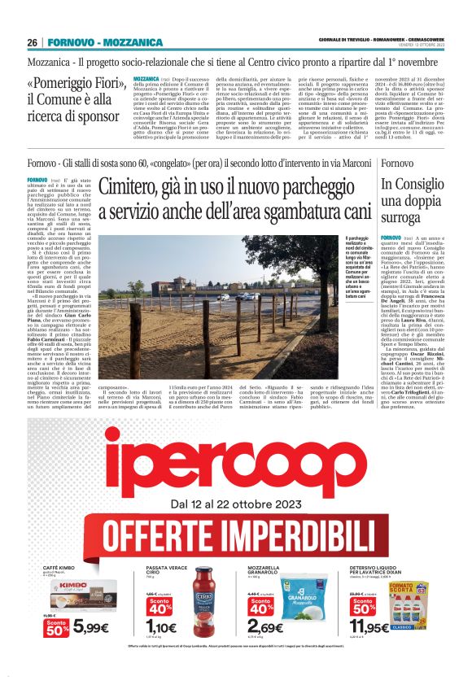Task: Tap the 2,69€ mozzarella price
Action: pyautogui.click(x=265, y=627)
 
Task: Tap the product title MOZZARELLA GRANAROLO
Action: pyautogui.click(x=270, y=569)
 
